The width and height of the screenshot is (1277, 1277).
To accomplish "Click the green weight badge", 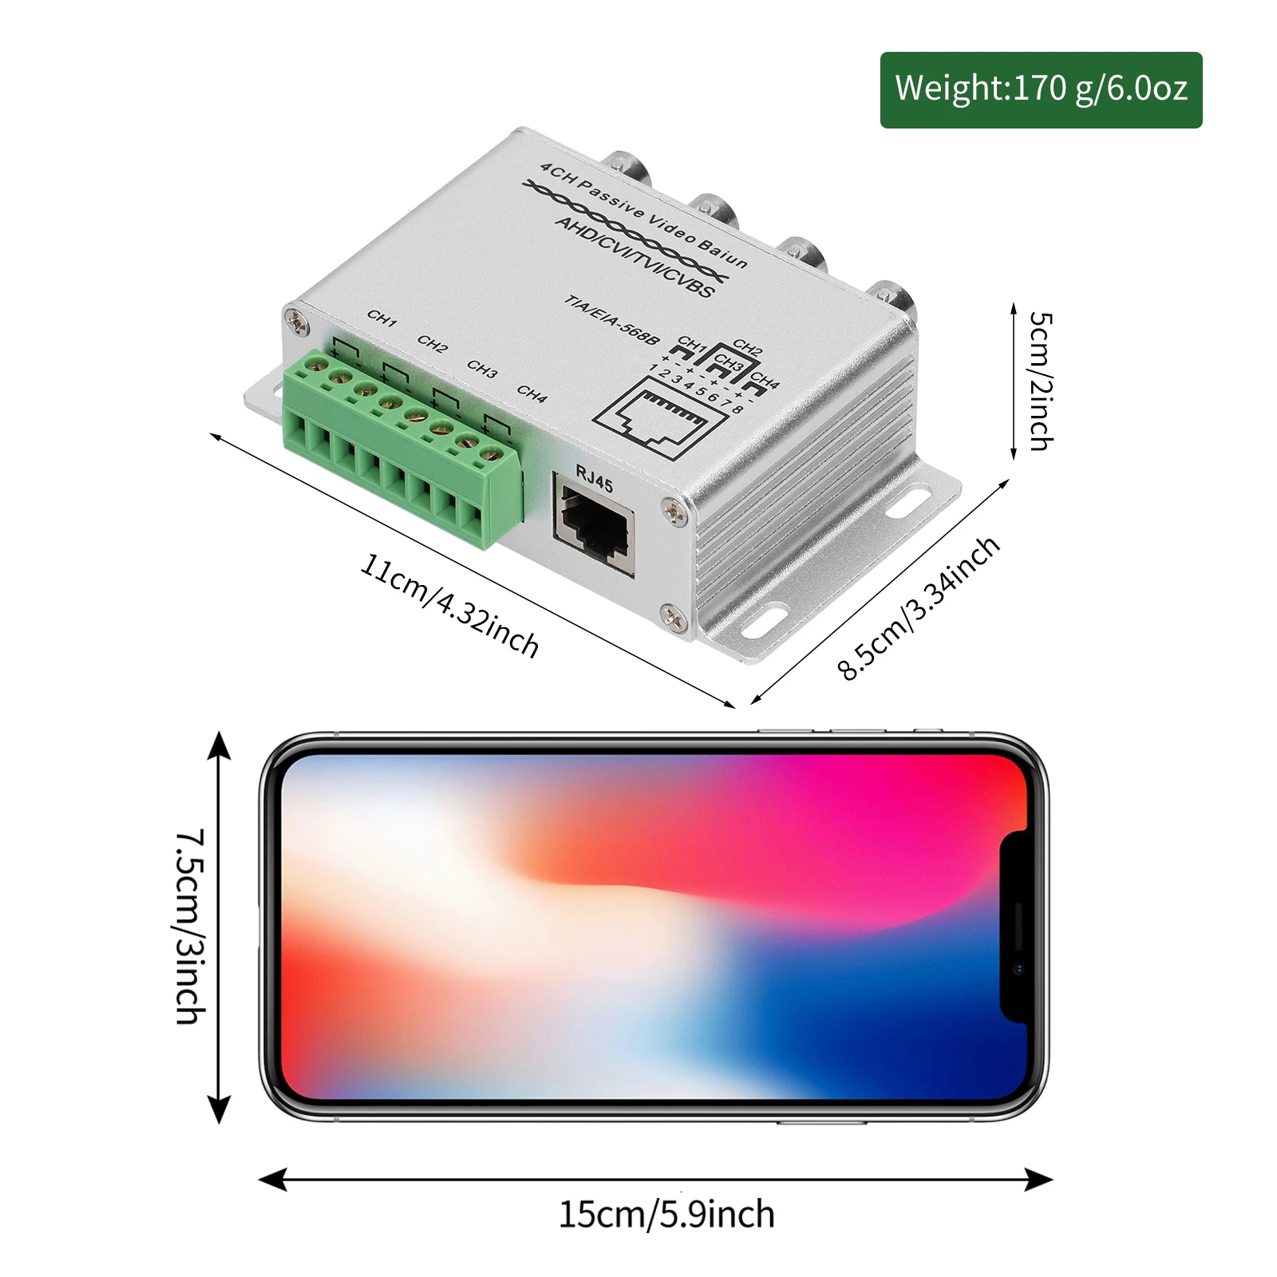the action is [1041, 89].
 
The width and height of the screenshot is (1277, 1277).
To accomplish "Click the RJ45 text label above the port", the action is [595, 479].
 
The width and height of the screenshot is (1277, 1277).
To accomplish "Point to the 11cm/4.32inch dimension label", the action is [449, 605].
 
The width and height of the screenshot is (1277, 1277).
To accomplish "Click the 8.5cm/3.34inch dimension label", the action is [918, 608].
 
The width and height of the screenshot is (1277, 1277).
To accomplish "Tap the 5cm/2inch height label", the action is [1040, 382].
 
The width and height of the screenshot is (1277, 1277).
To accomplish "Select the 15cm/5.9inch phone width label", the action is [666, 1214].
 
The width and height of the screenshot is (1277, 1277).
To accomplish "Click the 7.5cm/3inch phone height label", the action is [192, 926].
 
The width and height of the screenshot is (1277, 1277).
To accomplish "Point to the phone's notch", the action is [1014, 926].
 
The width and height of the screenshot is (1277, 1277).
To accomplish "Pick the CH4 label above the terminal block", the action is [532, 393].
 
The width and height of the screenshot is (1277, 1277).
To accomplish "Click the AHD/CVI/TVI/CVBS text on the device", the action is [635, 256].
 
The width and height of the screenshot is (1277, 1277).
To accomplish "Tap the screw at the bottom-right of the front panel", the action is [672, 615].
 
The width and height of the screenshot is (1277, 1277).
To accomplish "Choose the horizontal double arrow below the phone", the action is [654, 1179].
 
